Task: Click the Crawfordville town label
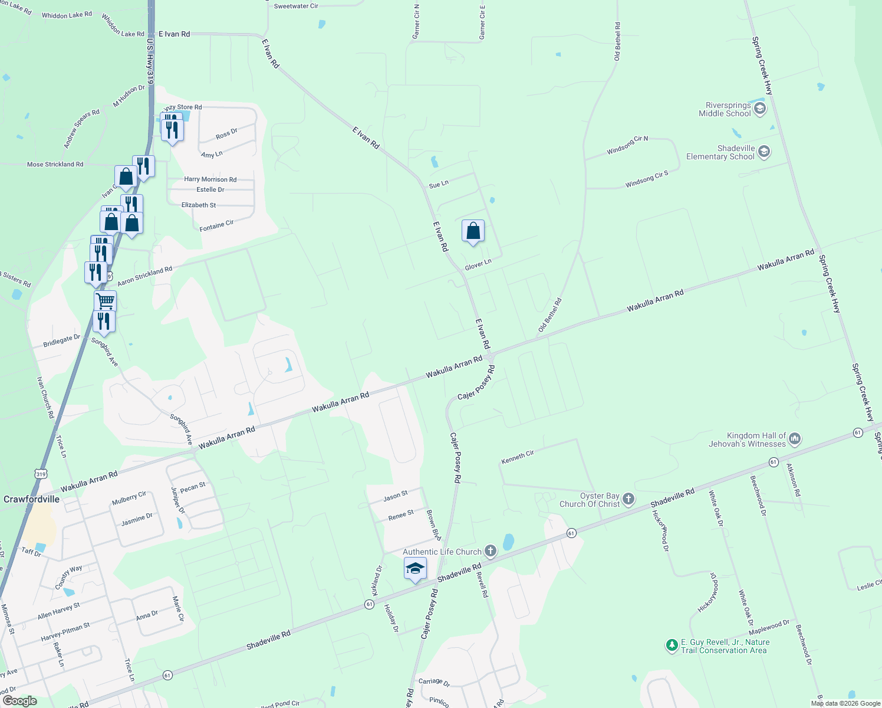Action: point(31,499)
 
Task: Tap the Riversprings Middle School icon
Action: point(760,109)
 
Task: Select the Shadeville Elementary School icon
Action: point(764,152)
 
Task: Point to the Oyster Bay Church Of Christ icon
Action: point(628,499)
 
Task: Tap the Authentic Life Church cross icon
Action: point(491,551)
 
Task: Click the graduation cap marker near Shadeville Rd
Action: point(415,568)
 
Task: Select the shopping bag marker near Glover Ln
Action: point(473,231)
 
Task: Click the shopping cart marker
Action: point(105,300)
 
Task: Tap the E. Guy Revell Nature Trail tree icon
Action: point(672,645)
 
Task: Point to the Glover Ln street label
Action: point(478,265)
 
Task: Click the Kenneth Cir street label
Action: point(518,457)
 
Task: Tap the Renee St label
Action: point(401,515)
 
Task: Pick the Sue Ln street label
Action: point(439,185)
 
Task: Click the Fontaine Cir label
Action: point(216,225)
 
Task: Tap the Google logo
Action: point(20,701)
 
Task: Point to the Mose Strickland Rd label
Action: point(55,165)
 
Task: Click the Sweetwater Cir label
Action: point(296,6)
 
